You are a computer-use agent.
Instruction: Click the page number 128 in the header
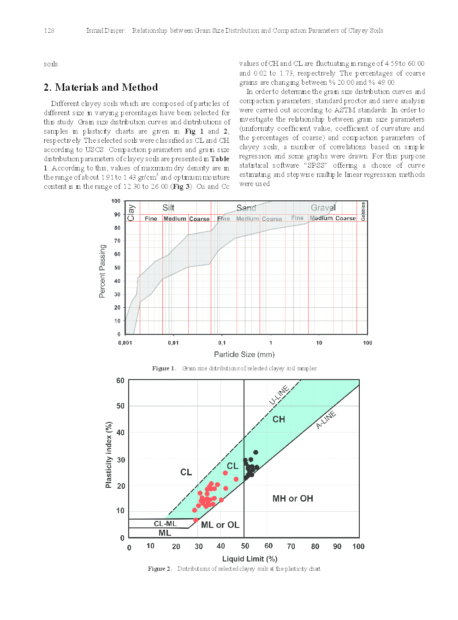[x=49, y=31]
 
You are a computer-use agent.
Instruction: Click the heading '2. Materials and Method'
[x=101, y=88]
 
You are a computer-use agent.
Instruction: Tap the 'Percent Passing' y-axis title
[x=102, y=271]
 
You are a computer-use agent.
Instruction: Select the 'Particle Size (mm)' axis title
[x=244, y=354]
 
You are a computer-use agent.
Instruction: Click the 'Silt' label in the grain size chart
[x=168, y=208]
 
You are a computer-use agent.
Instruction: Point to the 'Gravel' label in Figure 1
[x=323, y=208]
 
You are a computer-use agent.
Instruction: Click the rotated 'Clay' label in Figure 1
[x=131, y=212]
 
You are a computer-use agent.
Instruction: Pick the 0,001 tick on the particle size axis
[x=125, y=343]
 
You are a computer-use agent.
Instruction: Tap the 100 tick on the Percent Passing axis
[x=116, y=201]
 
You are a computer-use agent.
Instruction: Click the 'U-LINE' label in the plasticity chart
[x=279, y=395]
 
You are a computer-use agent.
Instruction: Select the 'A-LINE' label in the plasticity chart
[x=326, y=420]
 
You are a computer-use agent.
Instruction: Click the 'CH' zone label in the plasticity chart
[x=279, y=419]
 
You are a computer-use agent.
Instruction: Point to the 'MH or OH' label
[x=292, y=498]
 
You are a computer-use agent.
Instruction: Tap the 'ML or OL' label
[x=220, y=525]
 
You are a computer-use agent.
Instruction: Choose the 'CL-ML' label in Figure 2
[x=165, y=524]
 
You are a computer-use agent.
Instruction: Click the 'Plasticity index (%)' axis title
[x=109, y=455]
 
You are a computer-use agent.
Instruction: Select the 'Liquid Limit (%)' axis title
[x=250, y=559]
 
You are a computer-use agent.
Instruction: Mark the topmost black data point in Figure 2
[x=256, y=452]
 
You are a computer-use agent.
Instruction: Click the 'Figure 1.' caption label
[x=164, y=368]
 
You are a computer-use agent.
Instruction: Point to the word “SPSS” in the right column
[x=316, y=165]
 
